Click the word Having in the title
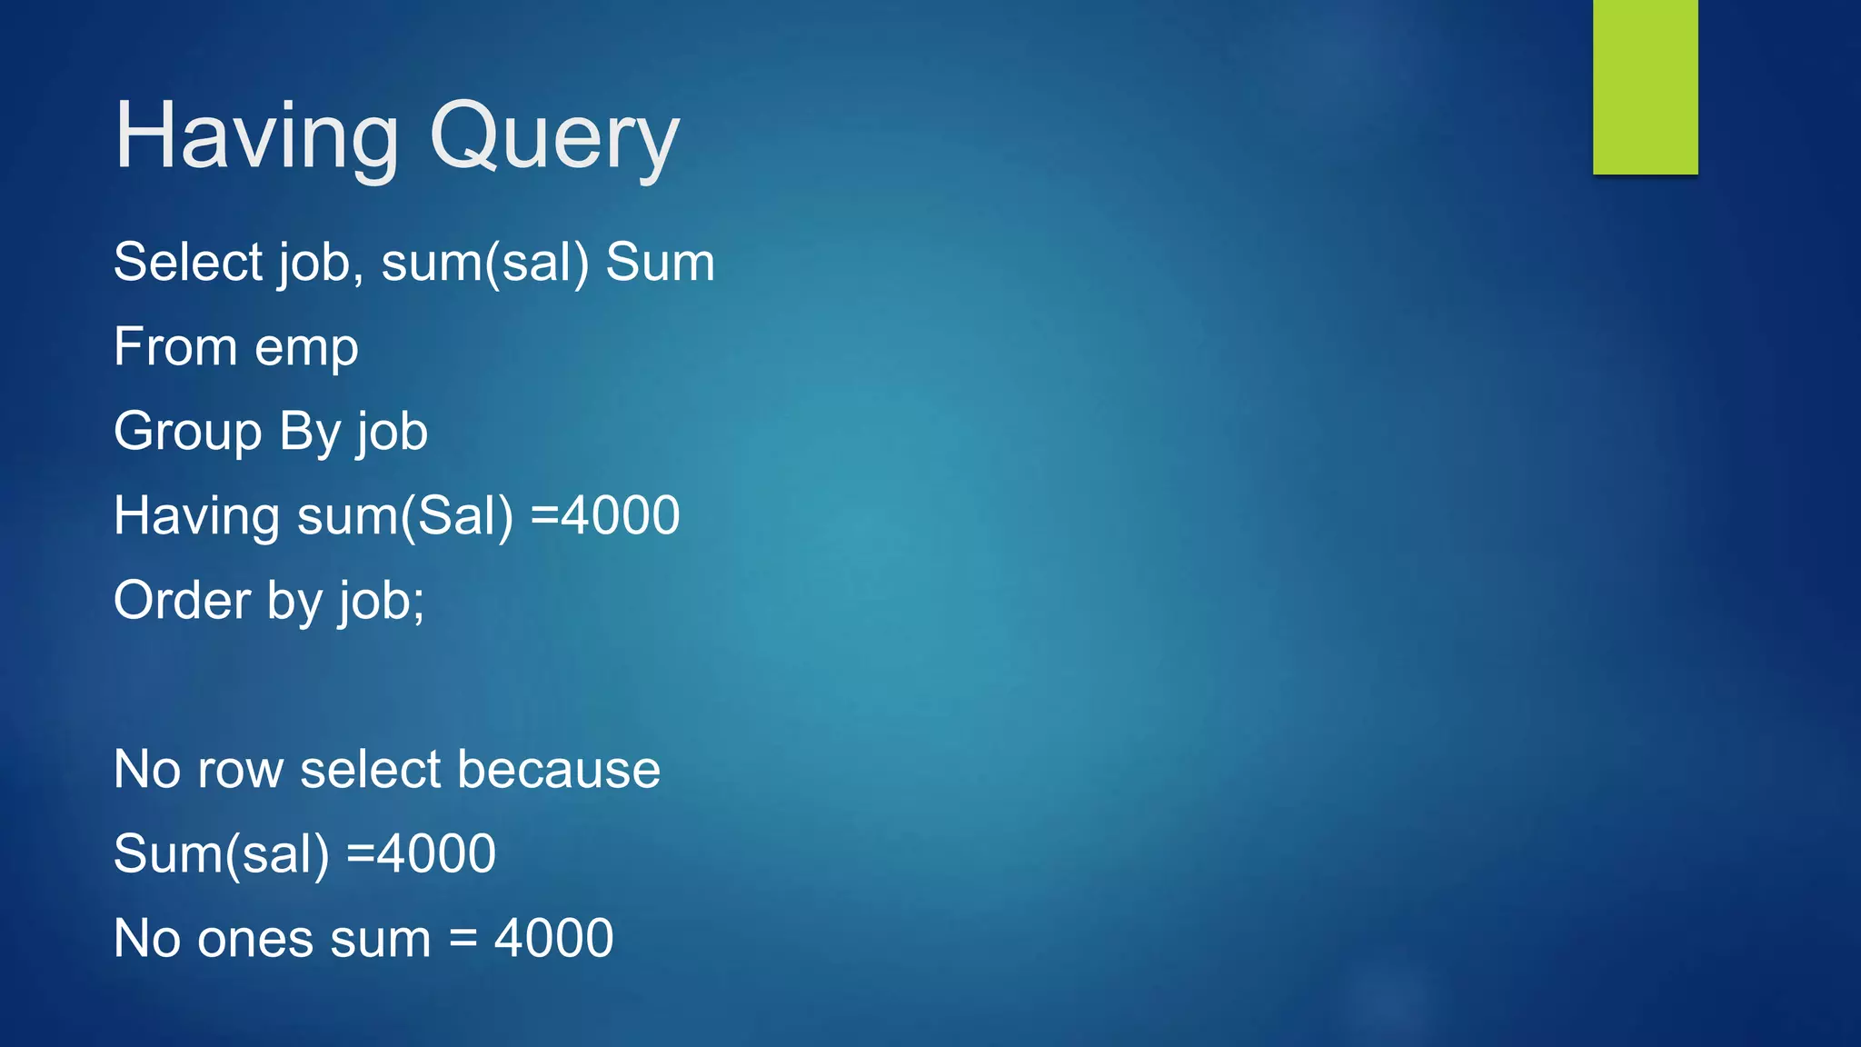coord(256,136)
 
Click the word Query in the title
coord(554,138)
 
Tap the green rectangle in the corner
coord(1645,86)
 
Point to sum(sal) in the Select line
coord(485,264)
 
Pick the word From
coord(175,346)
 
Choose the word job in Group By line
coord(392,433)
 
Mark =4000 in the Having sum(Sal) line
coord(605,515)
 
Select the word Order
coord(183,600)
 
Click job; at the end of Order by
coord(382,602)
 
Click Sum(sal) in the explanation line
coord(222,854)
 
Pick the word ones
coord(250,939)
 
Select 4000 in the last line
coord(553,938)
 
